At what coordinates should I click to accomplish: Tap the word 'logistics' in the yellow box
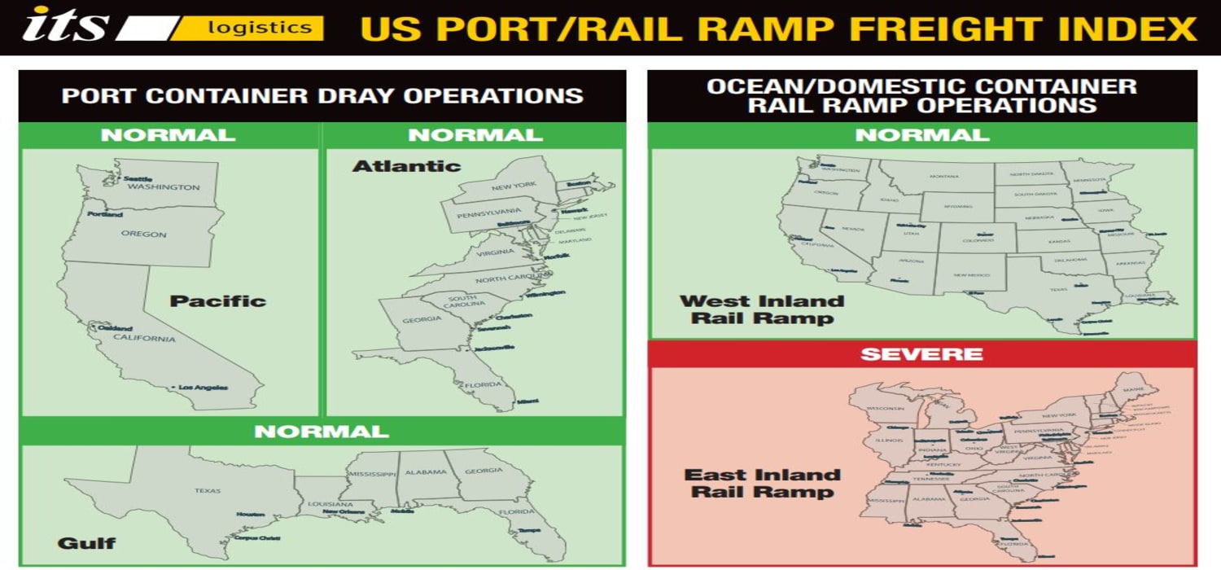260,28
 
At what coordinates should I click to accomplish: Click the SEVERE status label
921,354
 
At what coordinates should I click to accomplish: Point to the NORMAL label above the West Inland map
921,135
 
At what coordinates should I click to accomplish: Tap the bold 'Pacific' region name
217,300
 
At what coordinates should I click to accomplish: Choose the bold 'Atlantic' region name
406,166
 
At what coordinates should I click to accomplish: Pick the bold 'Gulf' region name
86,542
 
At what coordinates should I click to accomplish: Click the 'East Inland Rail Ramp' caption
762,483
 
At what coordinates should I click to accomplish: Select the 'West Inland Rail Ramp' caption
762,309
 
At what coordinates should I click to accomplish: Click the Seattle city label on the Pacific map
138,178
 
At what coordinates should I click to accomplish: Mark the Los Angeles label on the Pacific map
203,388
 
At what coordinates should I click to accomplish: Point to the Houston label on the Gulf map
251,515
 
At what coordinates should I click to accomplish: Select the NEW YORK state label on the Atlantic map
514,186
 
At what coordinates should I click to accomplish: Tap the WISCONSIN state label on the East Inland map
885,408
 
